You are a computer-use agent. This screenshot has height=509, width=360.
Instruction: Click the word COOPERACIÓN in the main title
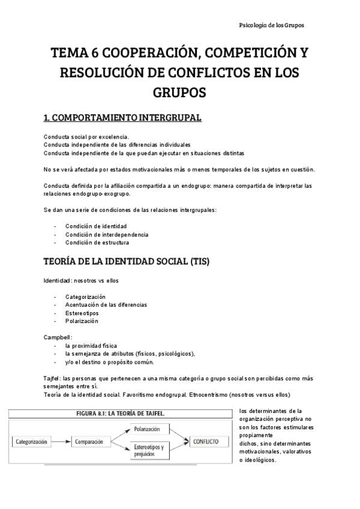[145, 54]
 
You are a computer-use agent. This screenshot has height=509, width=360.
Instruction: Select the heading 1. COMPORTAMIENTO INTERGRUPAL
[122, 118]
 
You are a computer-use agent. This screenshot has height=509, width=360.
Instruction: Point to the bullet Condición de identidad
[96, 226]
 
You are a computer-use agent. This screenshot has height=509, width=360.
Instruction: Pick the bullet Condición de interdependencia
[107, 234]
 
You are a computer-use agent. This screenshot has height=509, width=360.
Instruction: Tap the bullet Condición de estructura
[97, 242]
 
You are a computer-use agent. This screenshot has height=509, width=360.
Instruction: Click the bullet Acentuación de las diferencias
[106, 305]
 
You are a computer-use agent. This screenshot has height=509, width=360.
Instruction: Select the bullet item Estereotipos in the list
[82, 313]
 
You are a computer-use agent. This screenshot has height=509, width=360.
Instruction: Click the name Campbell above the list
[58, 337]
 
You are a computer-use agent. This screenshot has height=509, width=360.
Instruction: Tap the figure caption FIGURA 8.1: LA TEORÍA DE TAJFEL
[122, 414]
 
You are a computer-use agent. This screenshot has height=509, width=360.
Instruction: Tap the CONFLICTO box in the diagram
[206, 441]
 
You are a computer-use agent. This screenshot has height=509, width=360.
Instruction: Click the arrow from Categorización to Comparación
[61, 442]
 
